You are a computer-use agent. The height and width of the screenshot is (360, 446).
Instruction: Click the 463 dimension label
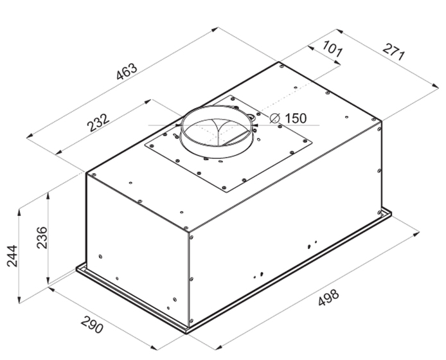tap(127, 71)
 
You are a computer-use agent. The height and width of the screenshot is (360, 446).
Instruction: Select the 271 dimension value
tap(393, 52)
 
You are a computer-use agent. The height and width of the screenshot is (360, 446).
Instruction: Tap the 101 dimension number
tap(332, 48)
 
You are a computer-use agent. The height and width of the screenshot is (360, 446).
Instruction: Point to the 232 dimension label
tap(98, 123)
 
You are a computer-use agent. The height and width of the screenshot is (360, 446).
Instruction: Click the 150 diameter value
tap(296, 118)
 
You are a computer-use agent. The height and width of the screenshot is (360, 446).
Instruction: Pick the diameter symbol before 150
tap(275, 118)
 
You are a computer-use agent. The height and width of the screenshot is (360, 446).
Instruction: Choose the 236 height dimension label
tap(42, 238)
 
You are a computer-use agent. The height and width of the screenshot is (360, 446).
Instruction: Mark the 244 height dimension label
tap(12, 256)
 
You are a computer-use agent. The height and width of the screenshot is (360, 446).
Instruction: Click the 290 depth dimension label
tap(92, 325)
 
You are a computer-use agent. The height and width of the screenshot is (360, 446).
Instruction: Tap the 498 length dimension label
tap(328, 298)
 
